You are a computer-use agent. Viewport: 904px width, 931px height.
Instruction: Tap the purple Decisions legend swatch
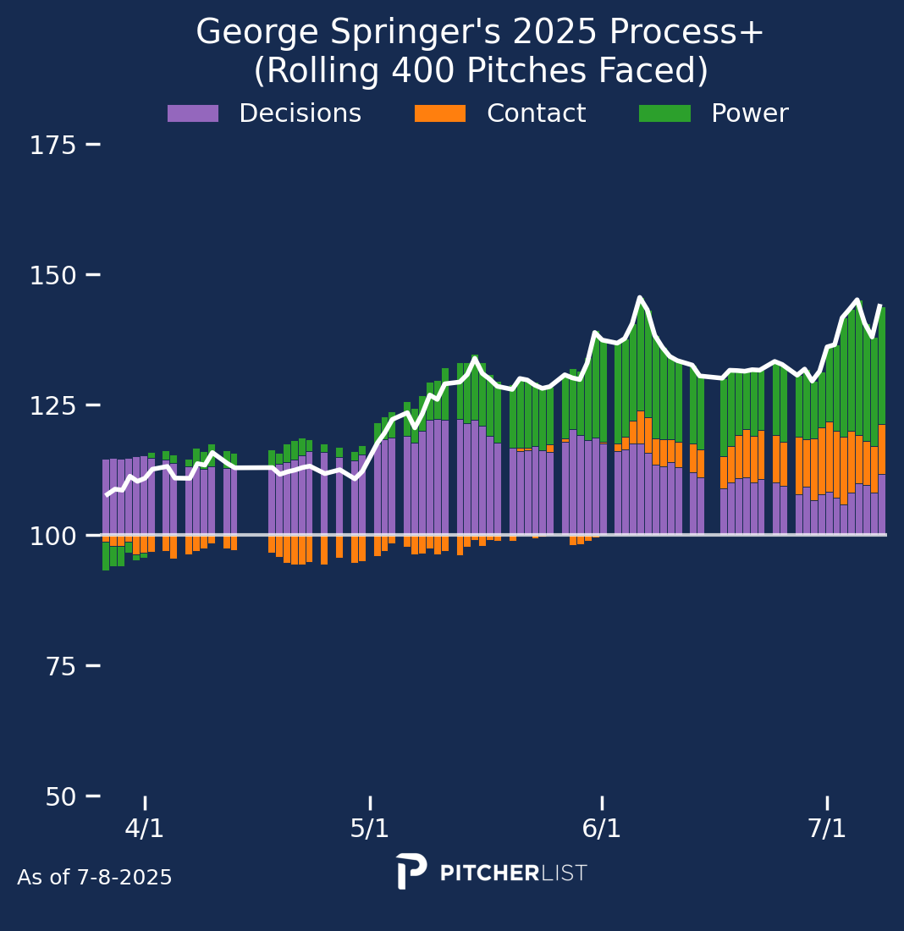[193, 113]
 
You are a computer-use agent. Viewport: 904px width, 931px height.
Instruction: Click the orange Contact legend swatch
[439, 113]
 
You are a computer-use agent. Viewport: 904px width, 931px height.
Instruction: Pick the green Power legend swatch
[664, 113]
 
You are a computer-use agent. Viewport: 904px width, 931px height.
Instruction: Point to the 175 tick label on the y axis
[53, 146]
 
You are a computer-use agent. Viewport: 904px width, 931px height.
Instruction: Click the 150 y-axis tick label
[53, 276]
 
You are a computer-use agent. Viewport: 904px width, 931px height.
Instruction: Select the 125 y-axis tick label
[53, 406]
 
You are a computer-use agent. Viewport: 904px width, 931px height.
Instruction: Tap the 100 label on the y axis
[53, 537]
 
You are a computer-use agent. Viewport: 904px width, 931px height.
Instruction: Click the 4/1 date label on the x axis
[145, 828]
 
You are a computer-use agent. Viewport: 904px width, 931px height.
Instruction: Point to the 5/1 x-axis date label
[370, 828]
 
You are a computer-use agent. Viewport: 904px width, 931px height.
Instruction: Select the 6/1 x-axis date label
[602, 828]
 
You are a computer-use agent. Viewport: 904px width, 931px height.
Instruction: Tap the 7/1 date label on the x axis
[827, 828]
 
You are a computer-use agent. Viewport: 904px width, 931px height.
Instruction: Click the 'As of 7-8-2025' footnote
[95, 878]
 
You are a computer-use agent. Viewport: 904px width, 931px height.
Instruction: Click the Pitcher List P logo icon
[411, 872]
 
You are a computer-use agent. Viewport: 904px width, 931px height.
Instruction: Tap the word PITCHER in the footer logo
[489, 873]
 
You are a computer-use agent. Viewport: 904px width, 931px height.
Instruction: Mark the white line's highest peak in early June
[640, 298]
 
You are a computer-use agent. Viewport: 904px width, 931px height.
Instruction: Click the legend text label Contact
[536, 113]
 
